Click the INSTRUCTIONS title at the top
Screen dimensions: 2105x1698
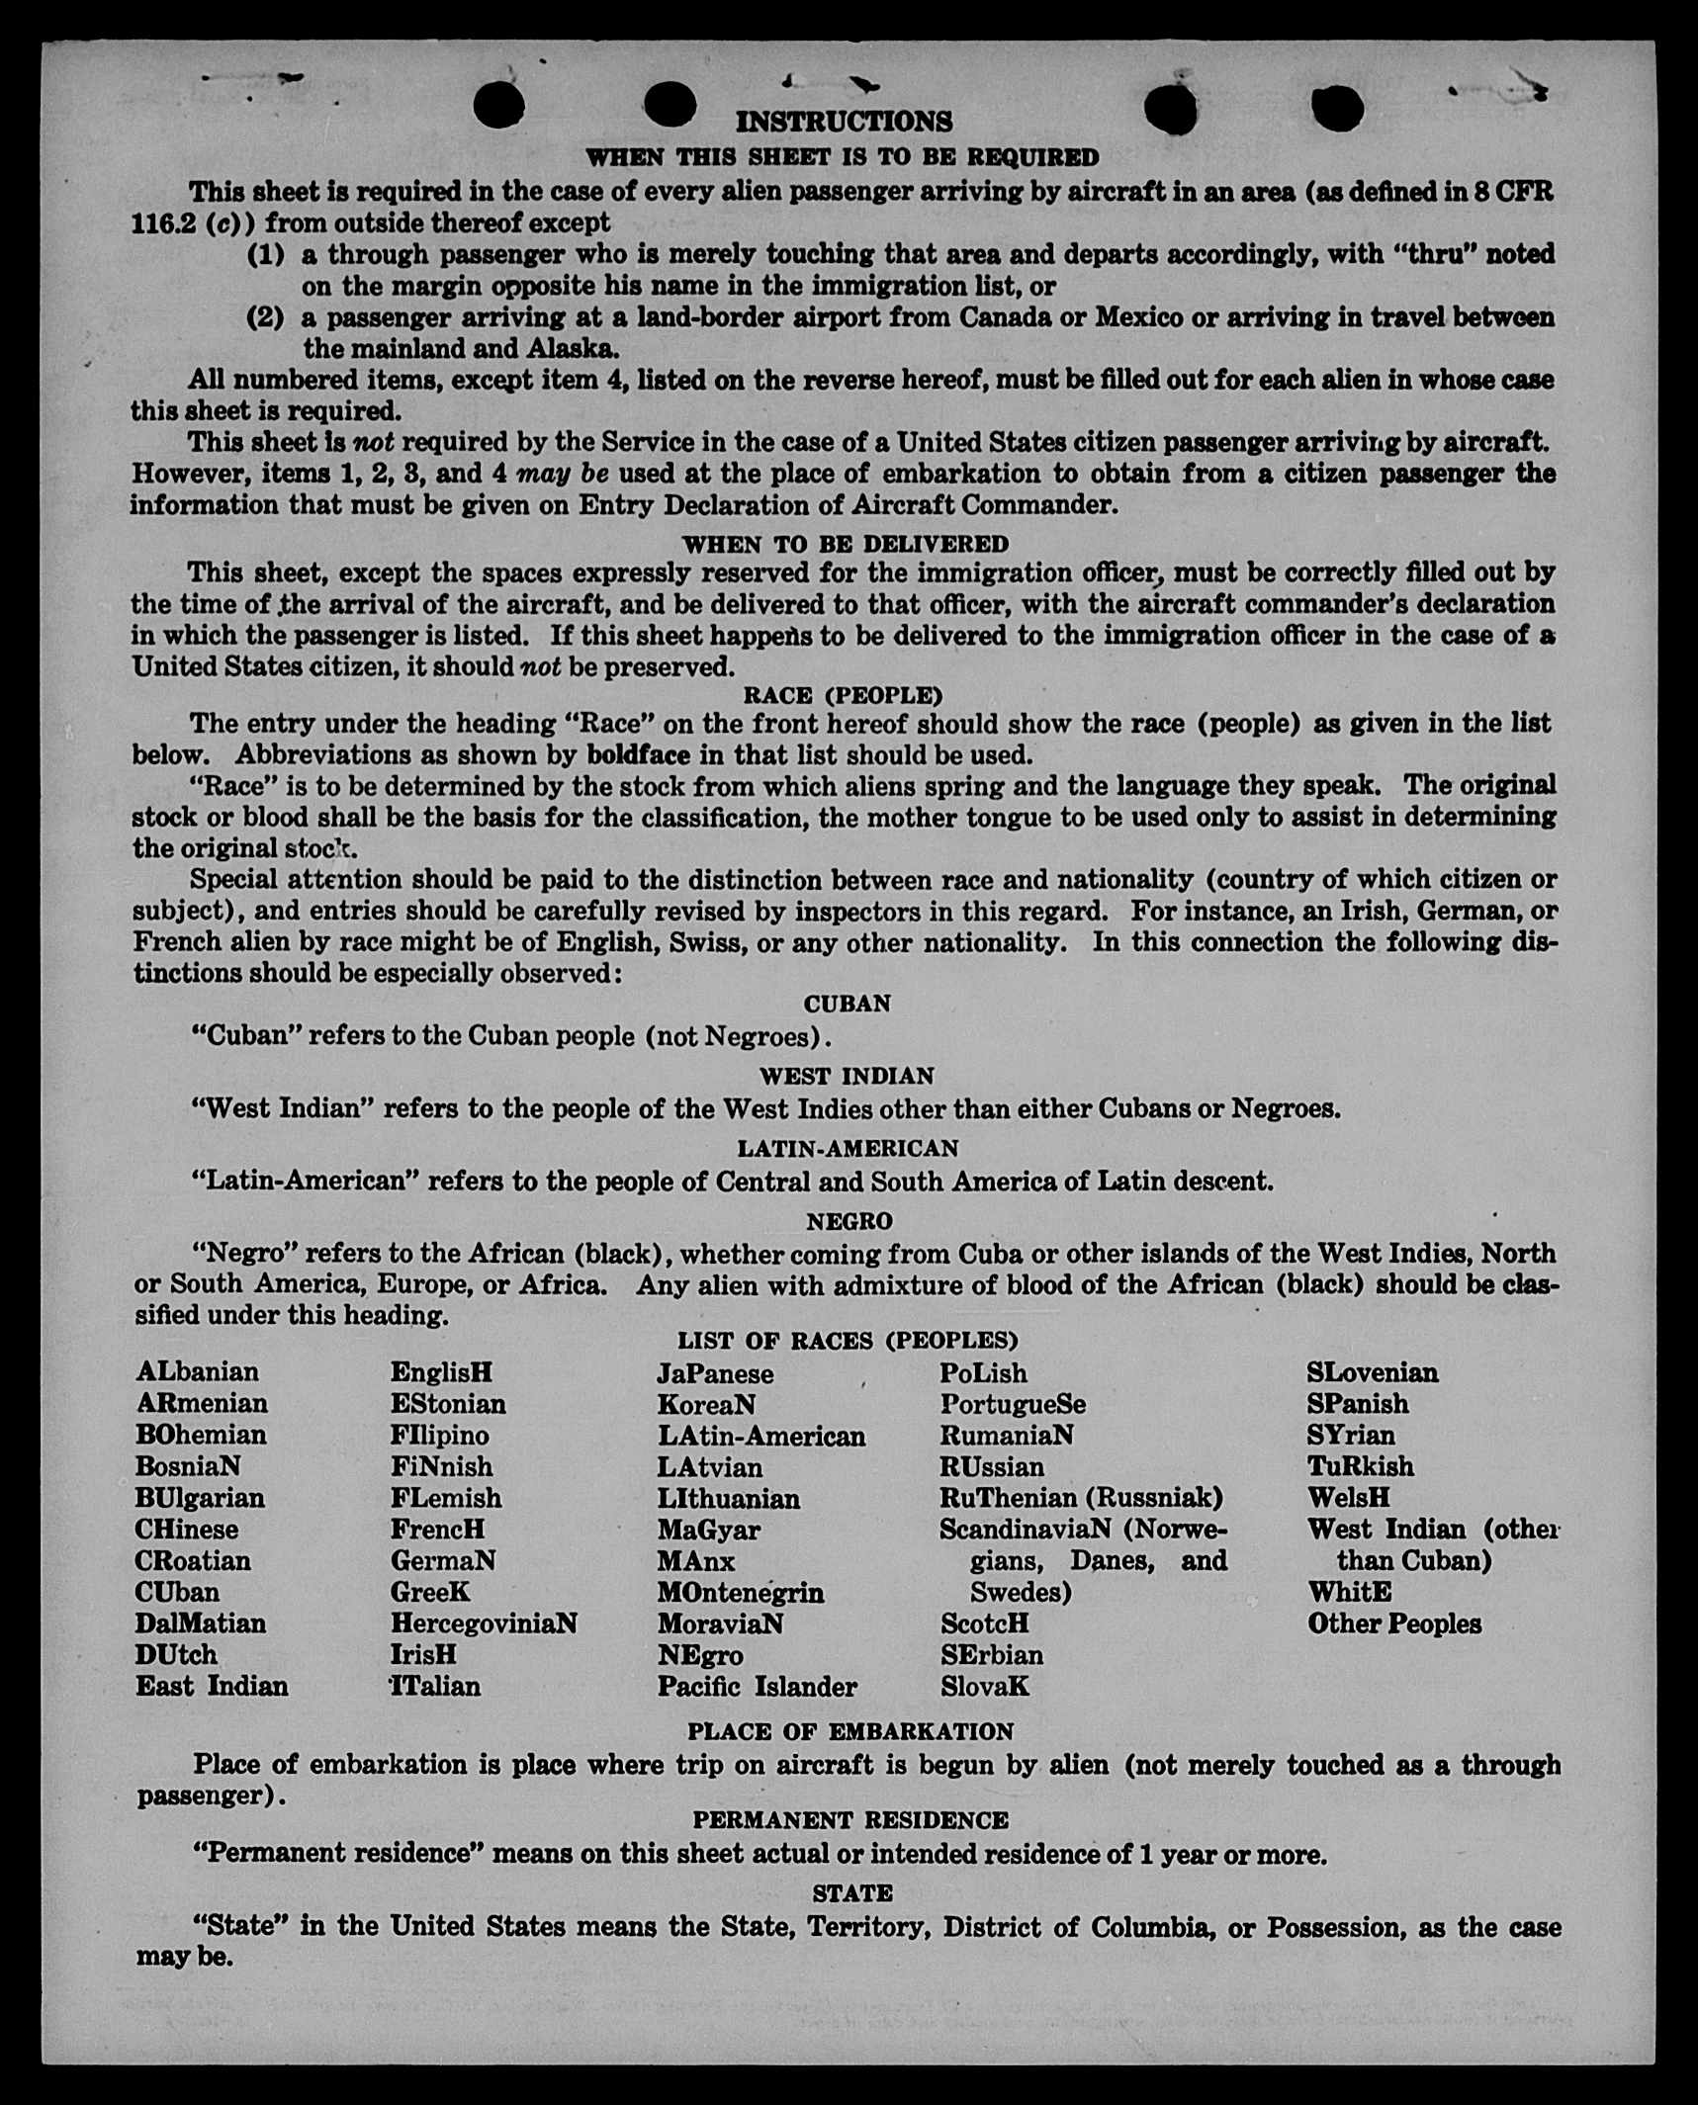point(844,122)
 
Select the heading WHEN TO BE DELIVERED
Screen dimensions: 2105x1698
point(846,544)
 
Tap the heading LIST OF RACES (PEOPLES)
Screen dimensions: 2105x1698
point(848,1341)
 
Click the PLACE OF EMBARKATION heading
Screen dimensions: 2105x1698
point(850,1731)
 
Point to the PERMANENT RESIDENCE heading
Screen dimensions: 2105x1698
point(850,1820)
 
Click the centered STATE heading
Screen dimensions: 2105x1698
point(852,1893)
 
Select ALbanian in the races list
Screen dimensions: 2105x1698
point(198,1372)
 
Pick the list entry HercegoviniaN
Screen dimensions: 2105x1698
point(484,1623)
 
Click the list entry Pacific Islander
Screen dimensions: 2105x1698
point(757,1687)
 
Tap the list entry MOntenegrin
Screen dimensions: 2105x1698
point(741,1593)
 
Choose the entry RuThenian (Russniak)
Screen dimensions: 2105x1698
point(1081,1498)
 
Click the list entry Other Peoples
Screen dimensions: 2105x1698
point(1394,1623)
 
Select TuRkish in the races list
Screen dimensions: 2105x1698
point(1360,1466)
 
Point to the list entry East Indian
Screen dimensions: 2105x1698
point(212,1687)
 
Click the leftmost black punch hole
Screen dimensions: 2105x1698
point(498,105)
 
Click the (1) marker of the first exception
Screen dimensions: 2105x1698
point(266,255)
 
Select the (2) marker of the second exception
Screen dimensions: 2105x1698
point(266,318)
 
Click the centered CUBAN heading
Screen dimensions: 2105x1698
point(848,1004)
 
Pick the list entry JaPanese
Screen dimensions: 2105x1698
point(715,1374)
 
